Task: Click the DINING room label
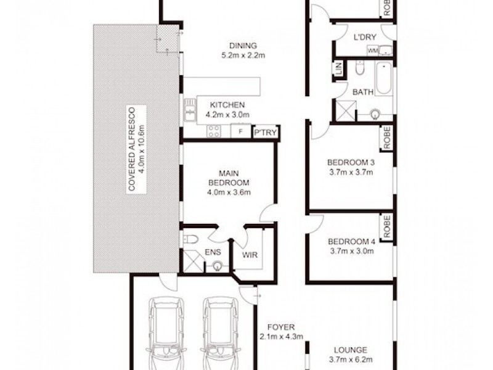pos(242,46)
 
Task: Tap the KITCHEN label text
pos(227,105)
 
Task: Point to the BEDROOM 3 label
pos(350,163)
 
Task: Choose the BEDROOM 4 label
pos(350,241)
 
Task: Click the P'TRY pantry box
pos(266,133)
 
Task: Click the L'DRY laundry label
pos(365,38)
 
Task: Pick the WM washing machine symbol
pos(372,51)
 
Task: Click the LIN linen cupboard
pos(338,69)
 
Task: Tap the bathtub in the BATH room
pos(383,78)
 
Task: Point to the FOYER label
pos(281,327)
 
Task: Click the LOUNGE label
pos(350,350)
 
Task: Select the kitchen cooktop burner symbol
pos(214,131)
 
